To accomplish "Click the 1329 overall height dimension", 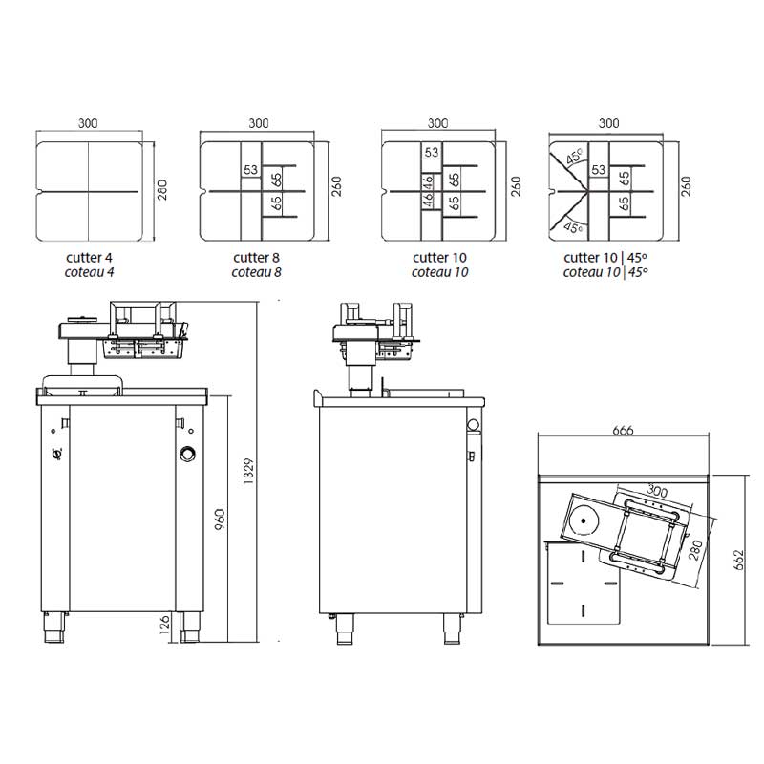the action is point(248,471).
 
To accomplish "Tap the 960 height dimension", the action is point(220,520).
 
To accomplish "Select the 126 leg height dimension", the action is point(164,625).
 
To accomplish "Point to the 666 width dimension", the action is point(623,431).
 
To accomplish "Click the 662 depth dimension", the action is point(738,560).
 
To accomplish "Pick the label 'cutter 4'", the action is point(89,257).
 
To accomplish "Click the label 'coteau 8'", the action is point(256,272).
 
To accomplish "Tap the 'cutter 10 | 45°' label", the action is point(605,257).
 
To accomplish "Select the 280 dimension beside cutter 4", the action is point(162,190).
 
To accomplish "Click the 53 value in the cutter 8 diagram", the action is point(250,170).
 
